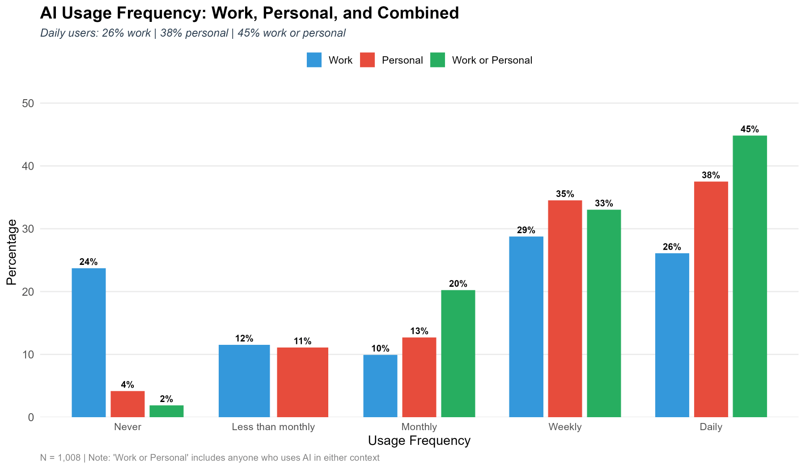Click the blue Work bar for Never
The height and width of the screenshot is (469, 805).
coord(89,343)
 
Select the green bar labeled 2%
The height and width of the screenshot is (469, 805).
coord(166,411)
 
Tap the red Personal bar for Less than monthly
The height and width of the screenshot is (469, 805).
coord(302,382)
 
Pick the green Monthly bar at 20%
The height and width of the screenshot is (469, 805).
coord(458,354)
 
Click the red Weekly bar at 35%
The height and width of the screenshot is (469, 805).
coord(565,309)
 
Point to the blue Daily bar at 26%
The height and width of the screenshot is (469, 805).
coord(672,335)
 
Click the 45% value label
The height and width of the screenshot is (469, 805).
coord(750,129)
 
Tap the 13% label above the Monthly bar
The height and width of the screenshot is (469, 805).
coord(419,331)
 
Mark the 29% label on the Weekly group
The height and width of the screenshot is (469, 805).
coord(526,230)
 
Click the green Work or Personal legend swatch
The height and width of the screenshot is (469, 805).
coord(437,60)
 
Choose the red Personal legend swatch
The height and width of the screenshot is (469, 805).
coord(367,60)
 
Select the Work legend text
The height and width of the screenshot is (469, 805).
coord(340,60)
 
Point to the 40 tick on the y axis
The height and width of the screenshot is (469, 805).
coord(28,166)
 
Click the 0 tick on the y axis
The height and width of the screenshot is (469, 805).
coord(31,417)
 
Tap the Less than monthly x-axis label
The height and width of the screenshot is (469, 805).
coord(273,427)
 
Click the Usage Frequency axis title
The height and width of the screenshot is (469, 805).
coord(419,441)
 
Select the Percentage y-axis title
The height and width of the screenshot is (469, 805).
coord(12,252)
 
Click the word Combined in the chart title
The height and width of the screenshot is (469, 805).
coord(418,13)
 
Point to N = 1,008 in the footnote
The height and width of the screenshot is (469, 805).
coord(60,457)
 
